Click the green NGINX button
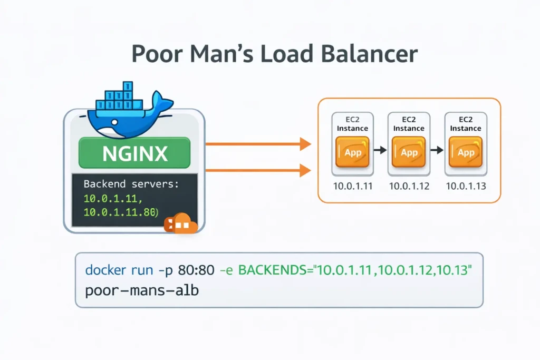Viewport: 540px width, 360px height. click(x=134, y=153)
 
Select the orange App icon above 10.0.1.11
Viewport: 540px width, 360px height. click(x=352, y=152)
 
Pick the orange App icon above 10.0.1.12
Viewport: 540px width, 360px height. click(x=409, y=152)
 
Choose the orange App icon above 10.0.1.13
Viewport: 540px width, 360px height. click(x=466, y=152)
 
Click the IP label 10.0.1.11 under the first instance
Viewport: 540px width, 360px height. click(x=352, y=186)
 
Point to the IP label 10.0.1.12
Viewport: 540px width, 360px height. click(x=409, y=186)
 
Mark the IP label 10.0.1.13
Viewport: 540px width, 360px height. click(x=466, y=186)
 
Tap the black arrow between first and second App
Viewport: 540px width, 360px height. click(x=380, y=151)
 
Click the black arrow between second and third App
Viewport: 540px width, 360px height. click(x=437, y=151)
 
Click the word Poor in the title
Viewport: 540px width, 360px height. click(x=153, y=55)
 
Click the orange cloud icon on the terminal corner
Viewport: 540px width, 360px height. click(x=180, y=224)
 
